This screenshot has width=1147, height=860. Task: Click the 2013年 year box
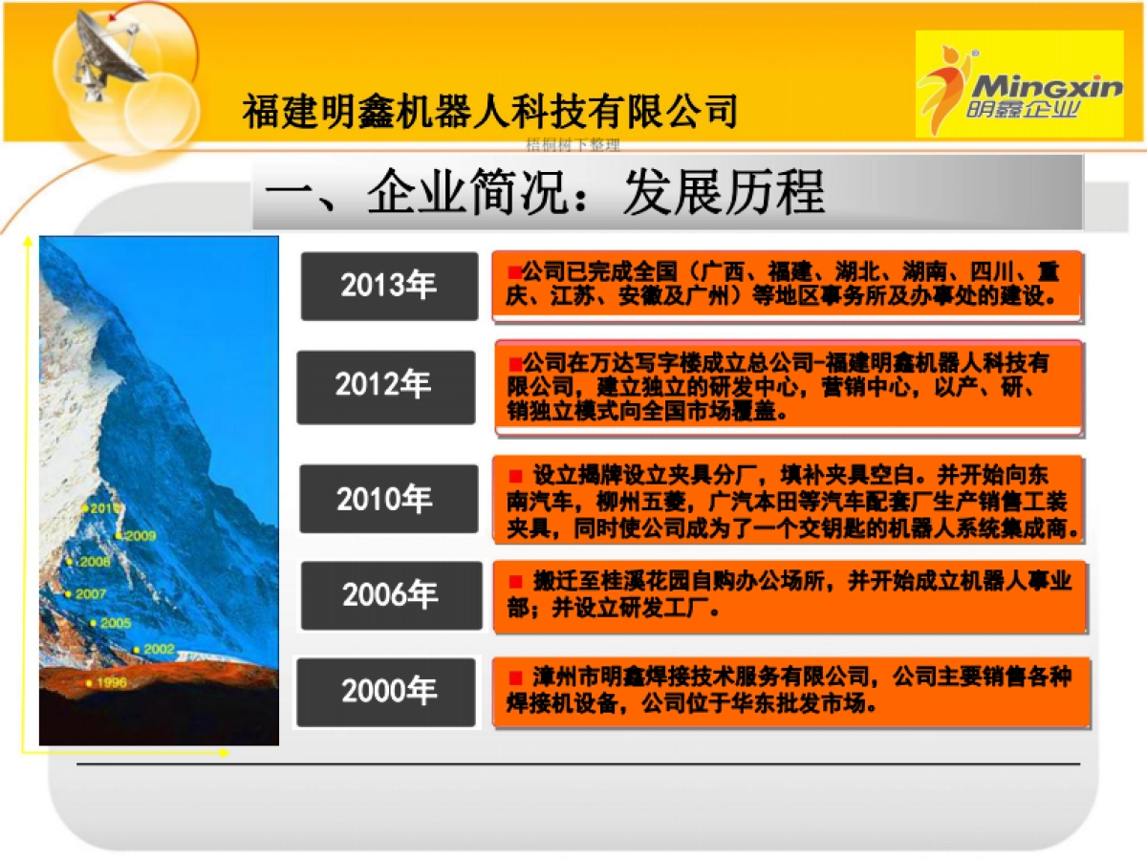click(x=389, y=286)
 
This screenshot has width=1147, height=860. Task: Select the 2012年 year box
click(x=385, y=386)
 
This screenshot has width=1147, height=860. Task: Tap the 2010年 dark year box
click(x=388, y=499)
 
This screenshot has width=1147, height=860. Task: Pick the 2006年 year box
click(x=391, y=595)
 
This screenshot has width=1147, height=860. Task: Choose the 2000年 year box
click(x=385, y=692)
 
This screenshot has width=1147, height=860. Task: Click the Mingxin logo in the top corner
click(x=1019, y=84)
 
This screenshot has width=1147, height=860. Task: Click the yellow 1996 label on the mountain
click(x=109, y=682)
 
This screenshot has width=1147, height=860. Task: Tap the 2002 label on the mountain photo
click(x=157, y=649)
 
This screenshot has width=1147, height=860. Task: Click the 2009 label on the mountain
click(x=138, y=535)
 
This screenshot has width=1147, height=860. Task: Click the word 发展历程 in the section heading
click(x=723, y=194)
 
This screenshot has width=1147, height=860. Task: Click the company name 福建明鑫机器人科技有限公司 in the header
click(x=489, y=112)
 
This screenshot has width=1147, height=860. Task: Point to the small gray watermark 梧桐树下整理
click(x=573, y=145)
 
